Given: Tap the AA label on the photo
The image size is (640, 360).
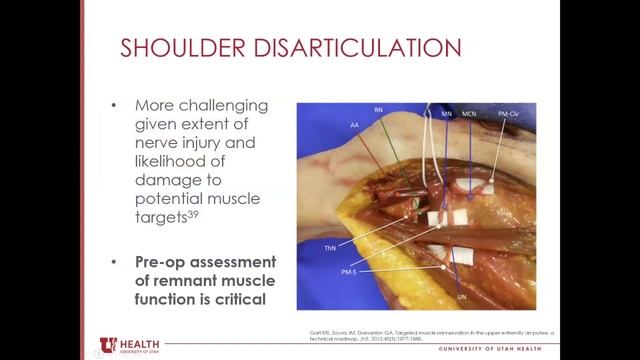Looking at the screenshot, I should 353,125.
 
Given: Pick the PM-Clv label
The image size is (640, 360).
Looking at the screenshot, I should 509,115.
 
